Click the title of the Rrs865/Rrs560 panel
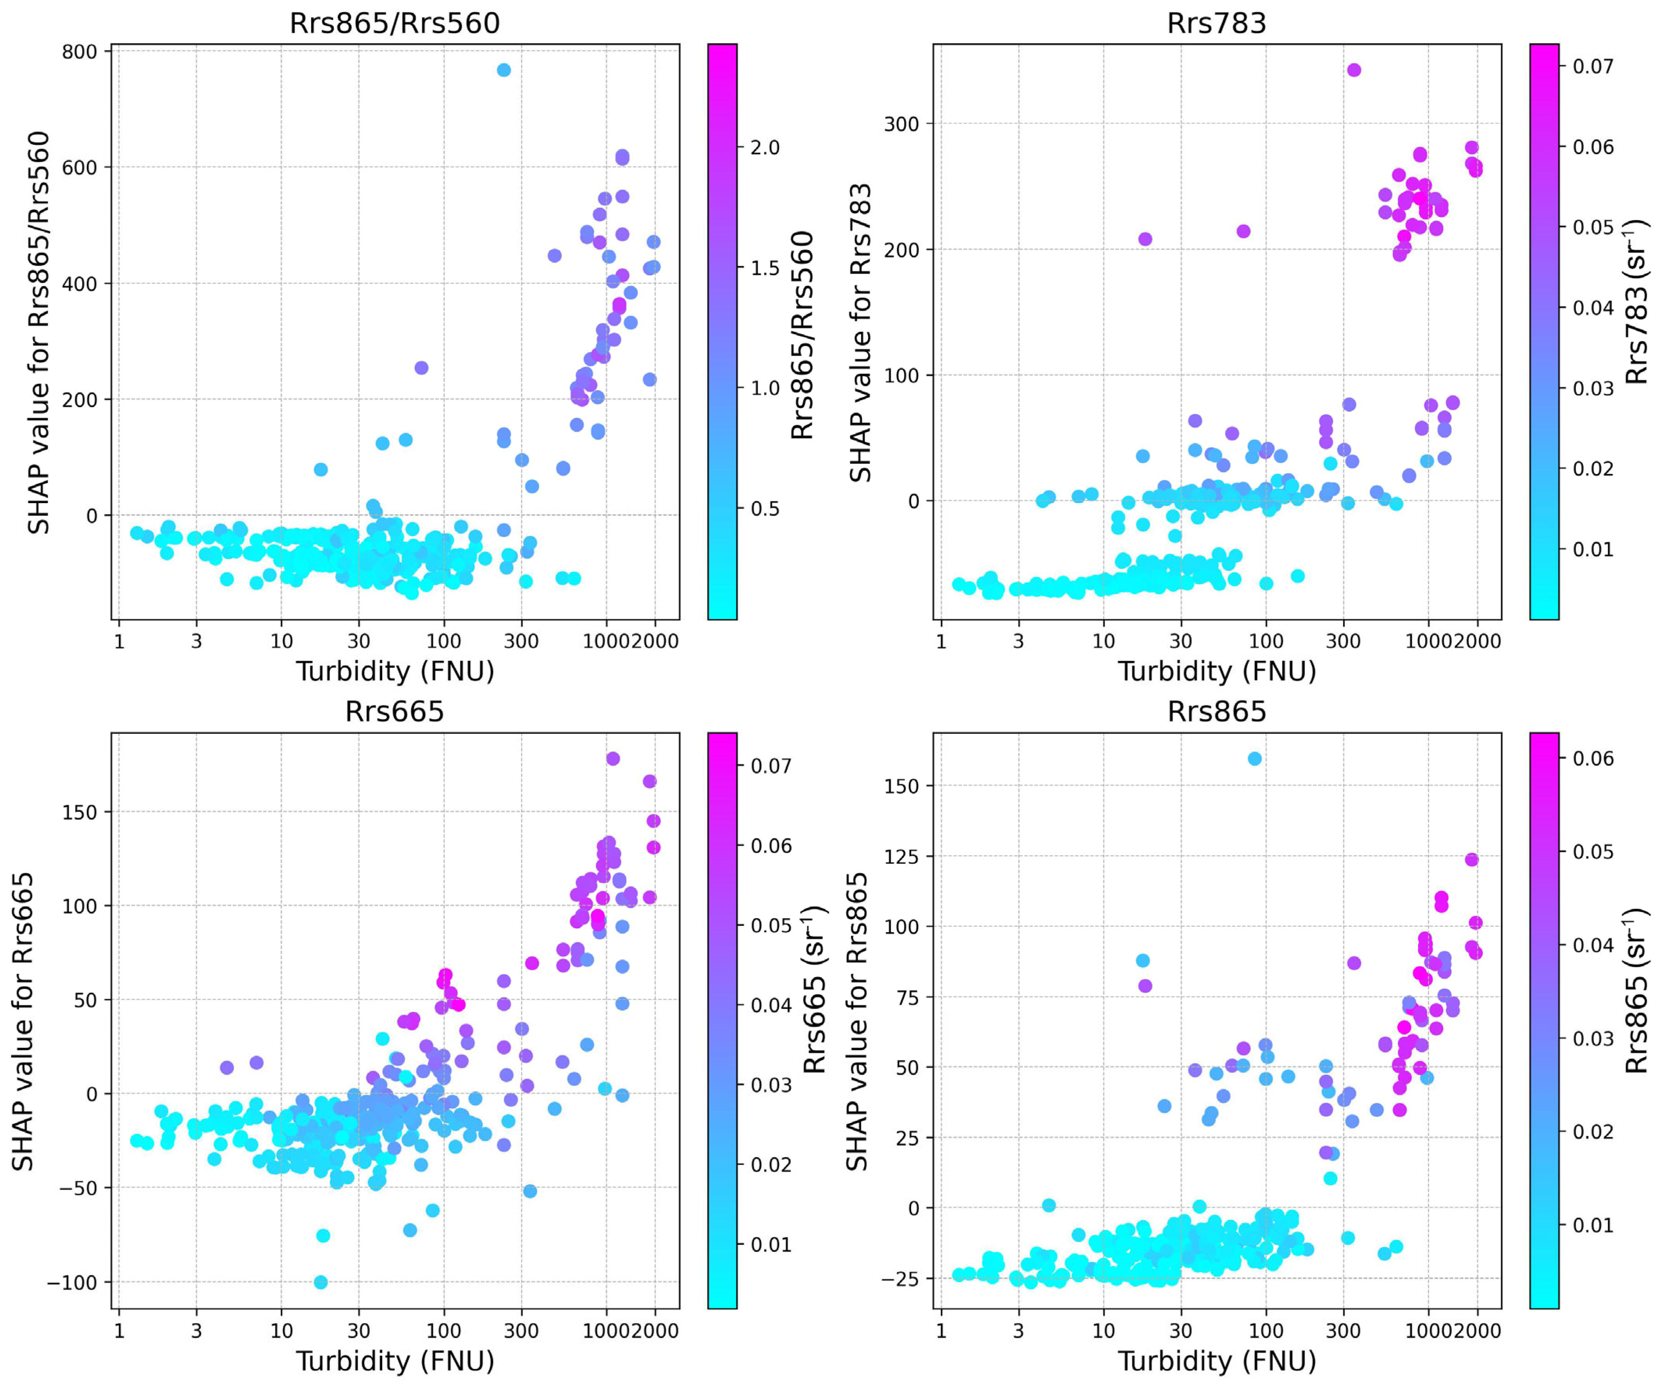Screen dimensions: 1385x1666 [x=394, y=23]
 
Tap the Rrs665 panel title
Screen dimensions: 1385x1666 [x=394, y=712]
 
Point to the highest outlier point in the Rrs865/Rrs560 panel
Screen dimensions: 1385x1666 [x=503, y=70]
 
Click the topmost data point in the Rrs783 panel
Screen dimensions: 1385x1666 [x=1353, y=70]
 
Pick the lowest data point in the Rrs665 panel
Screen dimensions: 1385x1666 [x=320, y=1282]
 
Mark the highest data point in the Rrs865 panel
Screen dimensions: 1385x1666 [x=1254, y=758]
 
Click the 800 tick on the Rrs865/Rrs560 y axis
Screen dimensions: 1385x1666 [x=79, y=52]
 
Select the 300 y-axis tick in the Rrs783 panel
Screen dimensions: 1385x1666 [x=901, y=124]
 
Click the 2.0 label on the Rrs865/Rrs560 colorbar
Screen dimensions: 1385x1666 [x=765, y=148]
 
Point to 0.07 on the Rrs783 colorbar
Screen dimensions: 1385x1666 [x=1593, y=66]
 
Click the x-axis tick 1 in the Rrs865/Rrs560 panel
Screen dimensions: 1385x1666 [x=119, y=641]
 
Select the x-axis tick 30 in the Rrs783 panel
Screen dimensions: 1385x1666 [x=1180, y=641]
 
